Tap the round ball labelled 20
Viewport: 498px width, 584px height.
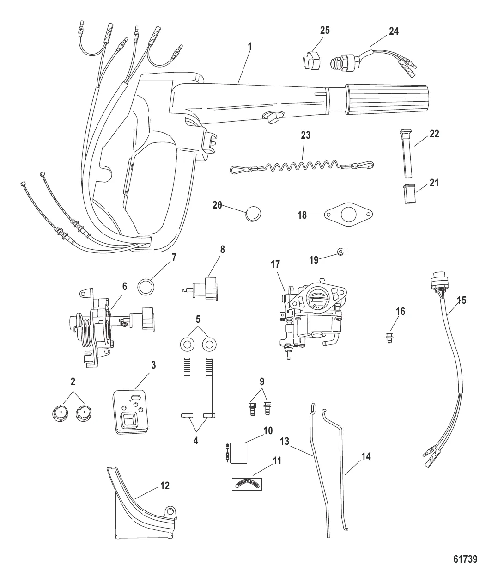(x=253, y=214)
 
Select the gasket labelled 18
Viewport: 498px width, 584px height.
(x=349, y=215)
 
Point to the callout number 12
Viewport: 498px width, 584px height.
(x=165, y=486)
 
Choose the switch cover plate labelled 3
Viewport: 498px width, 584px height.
(x=133, y=412)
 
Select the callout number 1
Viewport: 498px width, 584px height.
(x=249, y=47)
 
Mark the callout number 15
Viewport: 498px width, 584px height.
(x=461, y=300)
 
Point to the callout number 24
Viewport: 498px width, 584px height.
(x=394, y=31)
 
